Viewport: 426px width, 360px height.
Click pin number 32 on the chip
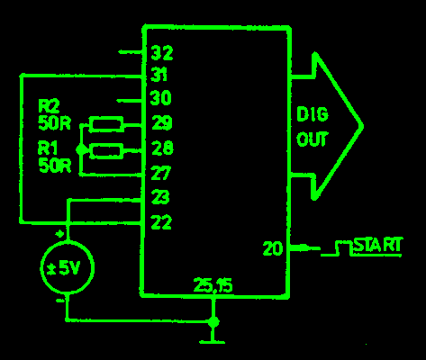(162, 53)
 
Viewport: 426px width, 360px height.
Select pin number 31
(159, 75)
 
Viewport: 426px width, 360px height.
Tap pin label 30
(160, 98)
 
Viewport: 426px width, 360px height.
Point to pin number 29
(162, 122)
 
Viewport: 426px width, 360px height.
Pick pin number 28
(162, 148)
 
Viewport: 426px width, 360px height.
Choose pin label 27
(161, 173)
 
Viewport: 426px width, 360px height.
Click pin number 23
(160, 197)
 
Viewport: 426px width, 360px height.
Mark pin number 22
(161, 222)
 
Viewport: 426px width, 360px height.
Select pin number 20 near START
(273, 248)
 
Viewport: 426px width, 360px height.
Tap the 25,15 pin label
(213, 285)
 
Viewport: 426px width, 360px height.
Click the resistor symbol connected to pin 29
(106, 124)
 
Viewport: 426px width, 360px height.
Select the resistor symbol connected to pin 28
(106, 151)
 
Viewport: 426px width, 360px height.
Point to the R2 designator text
(49, 106)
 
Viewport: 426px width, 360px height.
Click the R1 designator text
(48, 148)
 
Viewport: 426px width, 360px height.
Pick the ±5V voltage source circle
(68, 267)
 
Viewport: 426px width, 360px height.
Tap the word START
(378, 245)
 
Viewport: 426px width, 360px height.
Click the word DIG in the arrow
(313, 114)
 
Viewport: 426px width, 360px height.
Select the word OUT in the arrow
(313, 139)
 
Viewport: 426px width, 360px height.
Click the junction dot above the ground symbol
(213, 322)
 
